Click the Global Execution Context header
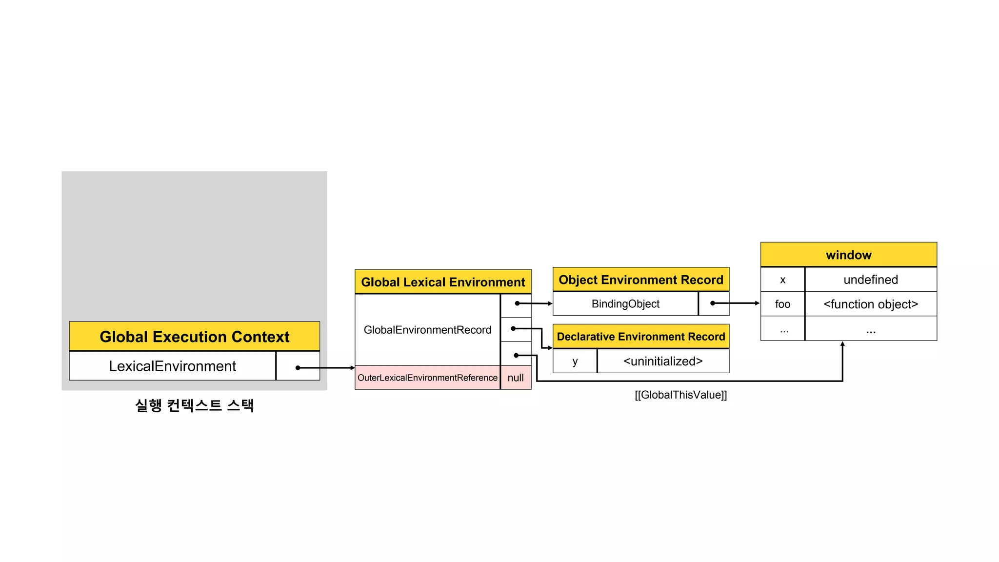pyautogui.click(x=194, y=337)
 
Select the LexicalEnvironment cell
pyautogui.click(x=172, y=366)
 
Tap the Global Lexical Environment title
pyautogui.click(x=443, y=282)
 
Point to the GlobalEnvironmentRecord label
pyautogui.click(x=427, y=330)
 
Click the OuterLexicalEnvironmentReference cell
pyautogui.click(x=427, y=378)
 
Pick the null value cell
pyautogui.click(x=516, y=378)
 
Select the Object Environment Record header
pyautogui.click(x=640, y=280)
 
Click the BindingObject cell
pyautogui.click(x=625, y=304)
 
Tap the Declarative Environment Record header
pyautogui.click(x=640, y=337)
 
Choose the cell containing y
pyautogui.click(x=575, y=361)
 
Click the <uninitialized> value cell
pyautogui.click(x=663, y=361)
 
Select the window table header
pyautogui.click(x=848, y=255)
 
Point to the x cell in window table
pyautogui.click(x=782, y=280)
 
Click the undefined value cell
pyautogui.click(x=871, y=280)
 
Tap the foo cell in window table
pyautogui.click(x=782, y=304)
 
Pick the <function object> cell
pyautogui.click(x=871, y=304)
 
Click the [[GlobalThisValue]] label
pyautogui.click(x=680, y=395)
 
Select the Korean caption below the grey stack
pyautogui.click(x=194, y=405)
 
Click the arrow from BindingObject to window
pyautogui.click(x=737, y=303)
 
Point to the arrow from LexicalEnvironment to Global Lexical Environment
pyautogui.click(x=327, y=368)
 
